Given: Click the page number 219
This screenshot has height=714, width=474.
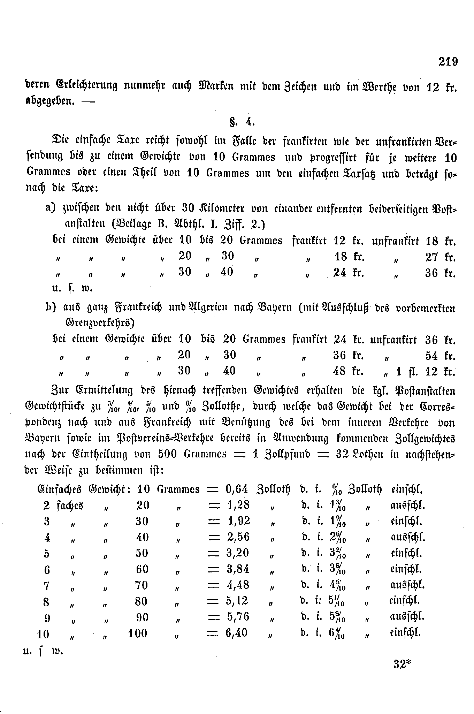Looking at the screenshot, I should pos(448,62).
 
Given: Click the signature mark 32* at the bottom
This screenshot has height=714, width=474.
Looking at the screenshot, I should pos(403,664).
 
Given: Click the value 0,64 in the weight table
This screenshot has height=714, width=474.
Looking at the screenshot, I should pos(237,489).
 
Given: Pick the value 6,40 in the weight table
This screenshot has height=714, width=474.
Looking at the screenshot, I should pos(237,633).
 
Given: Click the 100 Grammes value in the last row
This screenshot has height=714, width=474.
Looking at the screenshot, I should pos(138,633).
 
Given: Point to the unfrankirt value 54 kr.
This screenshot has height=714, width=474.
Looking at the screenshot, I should pos(440,356).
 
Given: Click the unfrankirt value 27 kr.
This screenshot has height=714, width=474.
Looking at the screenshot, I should pos(440,257).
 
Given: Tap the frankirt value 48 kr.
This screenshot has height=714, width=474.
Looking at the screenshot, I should pos(348,371).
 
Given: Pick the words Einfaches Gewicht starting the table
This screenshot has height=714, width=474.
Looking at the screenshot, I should pos(84,489).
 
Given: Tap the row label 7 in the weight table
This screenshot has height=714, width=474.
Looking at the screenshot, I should pos(47,585).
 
